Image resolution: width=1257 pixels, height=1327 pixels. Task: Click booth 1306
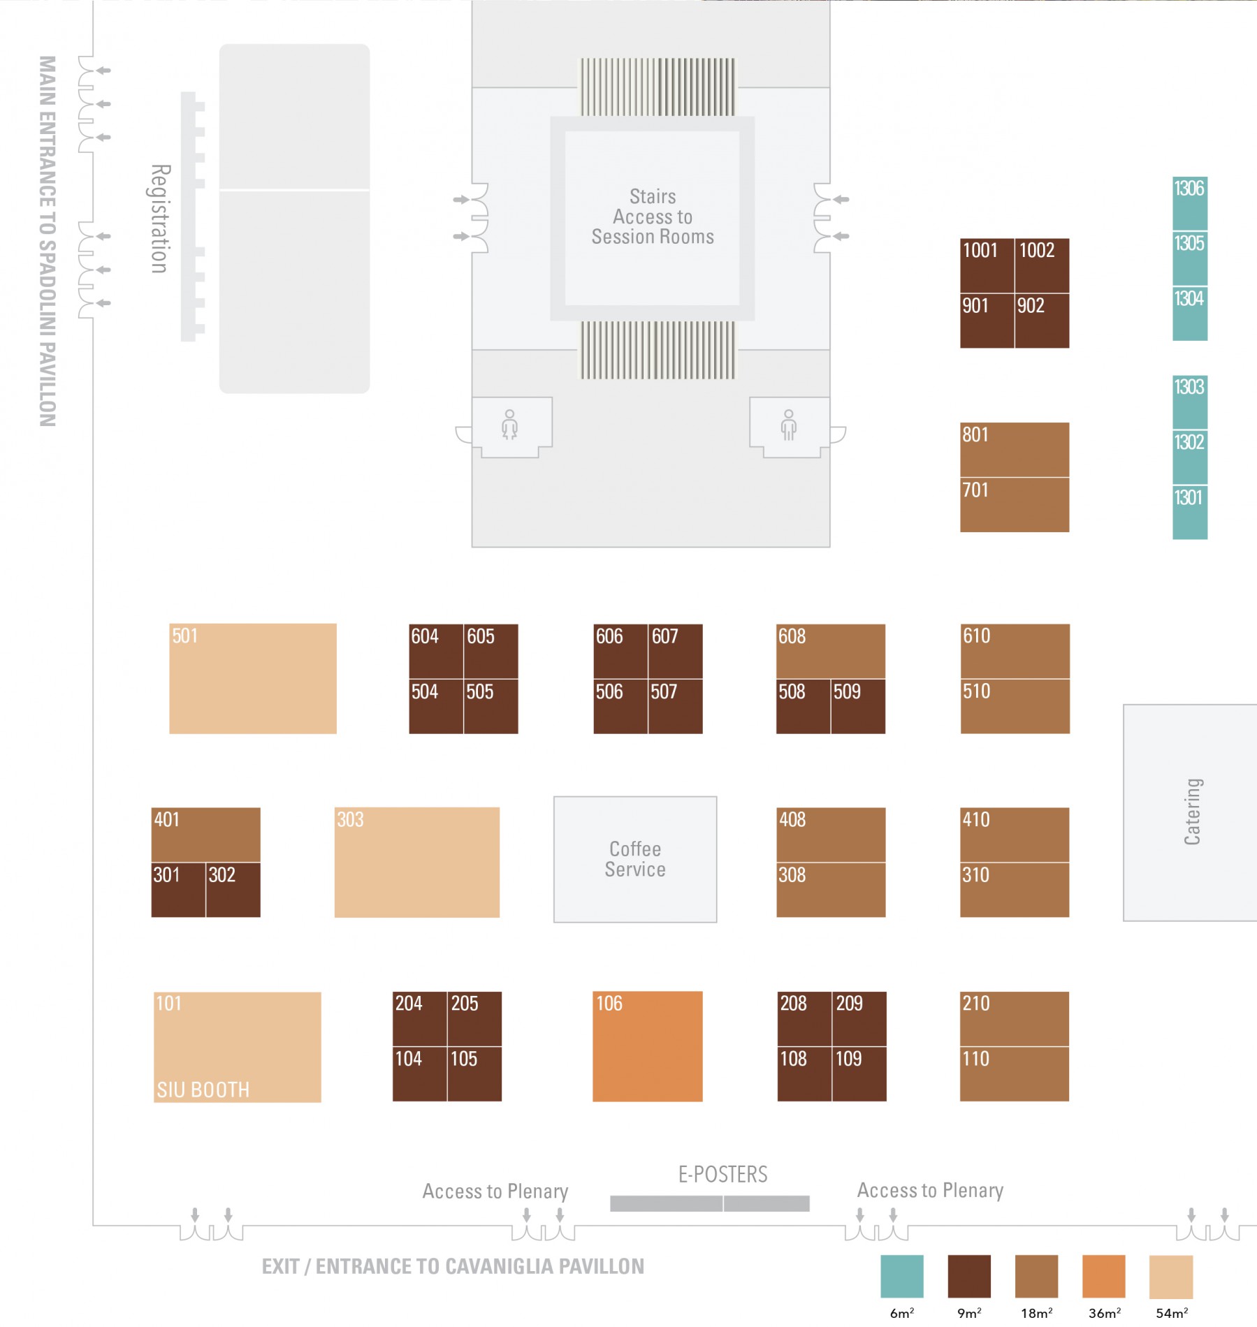click(x=1190, y=203)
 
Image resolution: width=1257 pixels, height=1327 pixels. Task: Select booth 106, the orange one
click(x=648, y=1046)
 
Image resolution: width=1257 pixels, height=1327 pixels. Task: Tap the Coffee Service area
click(x=635, y=859)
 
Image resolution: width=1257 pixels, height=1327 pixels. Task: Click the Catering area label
click(x=1192, y=812)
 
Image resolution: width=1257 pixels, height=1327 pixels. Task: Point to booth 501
click(x=253, y=679)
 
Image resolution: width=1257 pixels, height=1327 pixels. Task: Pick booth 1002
click(x=1042, y=265)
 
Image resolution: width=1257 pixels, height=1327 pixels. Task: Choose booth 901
click(x=987, y=321)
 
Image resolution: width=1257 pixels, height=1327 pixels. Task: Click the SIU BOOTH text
click(x=203, y=1090)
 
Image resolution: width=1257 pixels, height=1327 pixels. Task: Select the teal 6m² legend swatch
click(x=902, y=1276)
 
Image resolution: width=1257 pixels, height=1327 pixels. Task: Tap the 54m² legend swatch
click(x=1171, y=1276)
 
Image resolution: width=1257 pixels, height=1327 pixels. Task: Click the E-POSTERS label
click(x=723, y=1175)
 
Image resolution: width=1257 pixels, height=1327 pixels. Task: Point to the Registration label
click(x=161, y=219)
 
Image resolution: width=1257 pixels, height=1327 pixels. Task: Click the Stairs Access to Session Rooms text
click(x=653, y=217)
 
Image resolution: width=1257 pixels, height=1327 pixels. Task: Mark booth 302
click(x=233, y=890)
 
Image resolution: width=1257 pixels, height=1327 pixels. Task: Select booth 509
click(x=858, y=706)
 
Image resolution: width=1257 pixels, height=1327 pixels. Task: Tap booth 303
click(x=417, y=863)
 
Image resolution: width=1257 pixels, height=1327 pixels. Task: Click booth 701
click(x=1015, y=505)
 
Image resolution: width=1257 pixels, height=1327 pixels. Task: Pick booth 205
click(x=474, y=1018)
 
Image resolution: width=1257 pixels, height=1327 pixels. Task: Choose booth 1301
click(x=1190, y=513)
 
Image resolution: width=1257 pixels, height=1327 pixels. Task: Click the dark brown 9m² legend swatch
click(x=969, y=1276)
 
